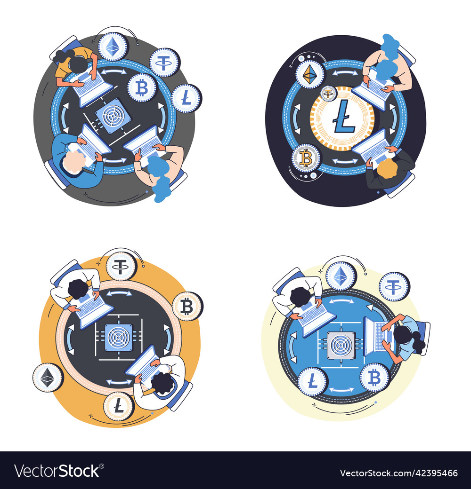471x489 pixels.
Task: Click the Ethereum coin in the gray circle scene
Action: click(113, 47)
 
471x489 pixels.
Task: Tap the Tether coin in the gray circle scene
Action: click(164, 63)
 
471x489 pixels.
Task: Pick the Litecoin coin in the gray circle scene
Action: click(187, 98)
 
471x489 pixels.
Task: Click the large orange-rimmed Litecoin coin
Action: click(342, 118)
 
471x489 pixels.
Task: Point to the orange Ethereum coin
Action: click(310, 75)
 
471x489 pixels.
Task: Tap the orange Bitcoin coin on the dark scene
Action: click(306, 158)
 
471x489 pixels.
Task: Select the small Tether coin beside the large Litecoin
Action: click(328, 93)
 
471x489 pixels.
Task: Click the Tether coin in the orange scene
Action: click(121, 266)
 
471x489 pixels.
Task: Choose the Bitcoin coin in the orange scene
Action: click(187, 307)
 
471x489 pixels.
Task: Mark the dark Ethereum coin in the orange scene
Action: click(48, 378)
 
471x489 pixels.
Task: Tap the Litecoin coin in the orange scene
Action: click(119, 406)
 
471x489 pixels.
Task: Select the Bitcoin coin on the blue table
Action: click(374, 378)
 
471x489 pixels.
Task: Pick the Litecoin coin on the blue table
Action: click(313, 382)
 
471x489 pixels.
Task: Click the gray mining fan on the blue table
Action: click(341, 345)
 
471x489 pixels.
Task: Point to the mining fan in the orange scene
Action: click(118, 338)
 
